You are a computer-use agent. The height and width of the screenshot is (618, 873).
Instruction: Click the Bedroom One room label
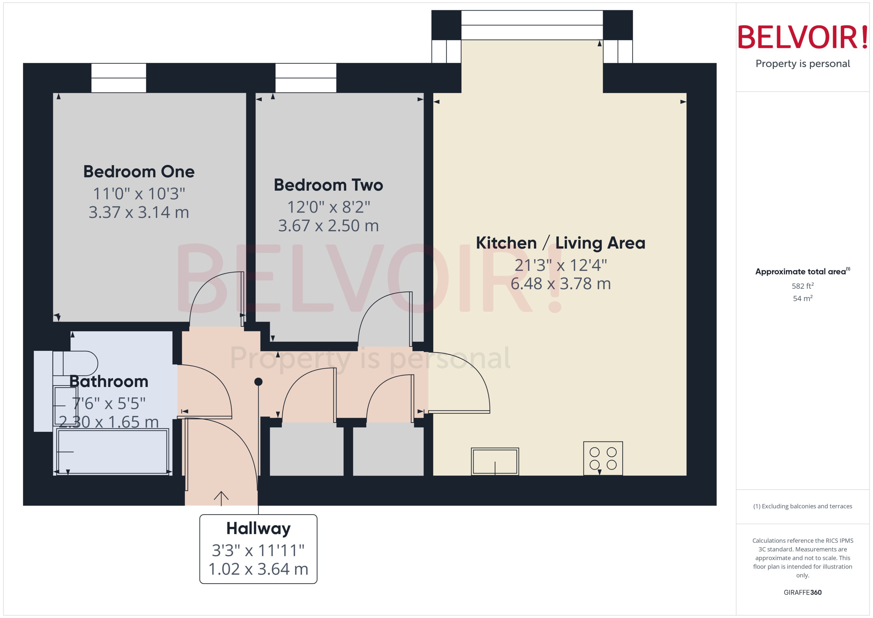pos(139,172)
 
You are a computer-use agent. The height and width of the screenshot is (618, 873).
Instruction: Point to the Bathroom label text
pos(109,381)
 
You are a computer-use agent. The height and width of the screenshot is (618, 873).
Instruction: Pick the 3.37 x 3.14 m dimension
pos(139,212)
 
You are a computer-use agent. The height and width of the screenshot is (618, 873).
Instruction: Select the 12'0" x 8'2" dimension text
pos(328,207)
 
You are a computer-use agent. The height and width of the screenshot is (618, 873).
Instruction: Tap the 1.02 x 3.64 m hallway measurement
pos(258,569)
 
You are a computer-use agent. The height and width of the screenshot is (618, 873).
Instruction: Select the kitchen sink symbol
pos(495,461)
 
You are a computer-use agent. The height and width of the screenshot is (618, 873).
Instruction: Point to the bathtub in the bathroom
pos(112,451)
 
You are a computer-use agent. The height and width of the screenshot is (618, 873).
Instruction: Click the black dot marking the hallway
pos(258,382)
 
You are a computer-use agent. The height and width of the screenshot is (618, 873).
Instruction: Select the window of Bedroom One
pos(119,78)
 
